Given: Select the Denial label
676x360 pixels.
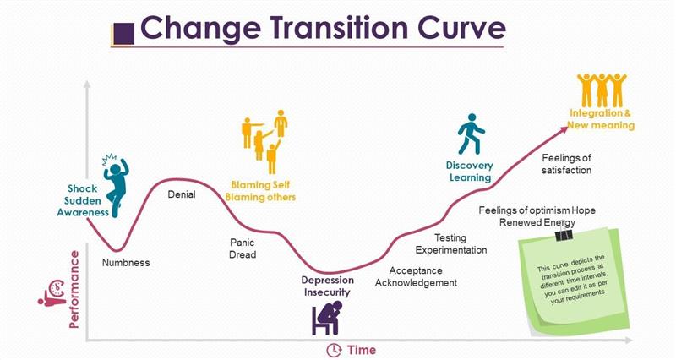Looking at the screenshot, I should click(182, 194).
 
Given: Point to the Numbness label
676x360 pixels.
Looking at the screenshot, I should click(126, 262).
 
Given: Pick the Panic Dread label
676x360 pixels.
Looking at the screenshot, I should click(243, 248).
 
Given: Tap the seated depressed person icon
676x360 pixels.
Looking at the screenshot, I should click(325, 318).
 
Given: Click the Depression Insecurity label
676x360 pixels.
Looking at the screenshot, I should click(326, 286).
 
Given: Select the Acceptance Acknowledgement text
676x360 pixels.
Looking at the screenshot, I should click(422, 276).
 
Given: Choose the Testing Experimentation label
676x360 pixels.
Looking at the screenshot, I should click(450, 244).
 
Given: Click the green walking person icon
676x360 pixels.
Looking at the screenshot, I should click(471, 135).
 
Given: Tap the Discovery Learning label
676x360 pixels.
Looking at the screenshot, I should click(469, 172).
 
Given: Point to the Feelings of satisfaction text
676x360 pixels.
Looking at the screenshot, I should click(566, 163).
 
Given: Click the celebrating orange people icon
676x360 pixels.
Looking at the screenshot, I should click(601, 90).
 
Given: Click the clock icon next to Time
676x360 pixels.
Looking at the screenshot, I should click(334, 350).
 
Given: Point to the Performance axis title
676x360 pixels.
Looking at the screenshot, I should click(74, 288).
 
